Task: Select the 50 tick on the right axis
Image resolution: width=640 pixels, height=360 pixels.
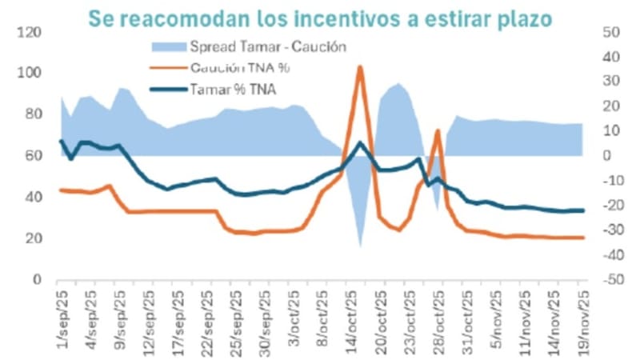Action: coord(606,32)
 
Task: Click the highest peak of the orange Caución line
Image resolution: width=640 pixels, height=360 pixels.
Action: coord(361,67)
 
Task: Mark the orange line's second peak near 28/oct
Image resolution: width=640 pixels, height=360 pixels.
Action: coord(438,130)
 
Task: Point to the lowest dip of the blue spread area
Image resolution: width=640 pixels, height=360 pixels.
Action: coord(361,246)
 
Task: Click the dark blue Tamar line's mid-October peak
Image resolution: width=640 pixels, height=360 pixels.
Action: coord(361,143)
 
